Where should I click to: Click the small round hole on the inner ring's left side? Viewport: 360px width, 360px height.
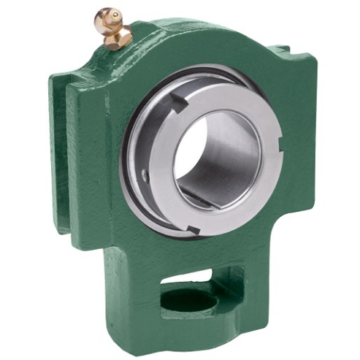(145, 175)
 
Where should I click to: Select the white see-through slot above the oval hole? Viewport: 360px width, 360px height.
(191, 275)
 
